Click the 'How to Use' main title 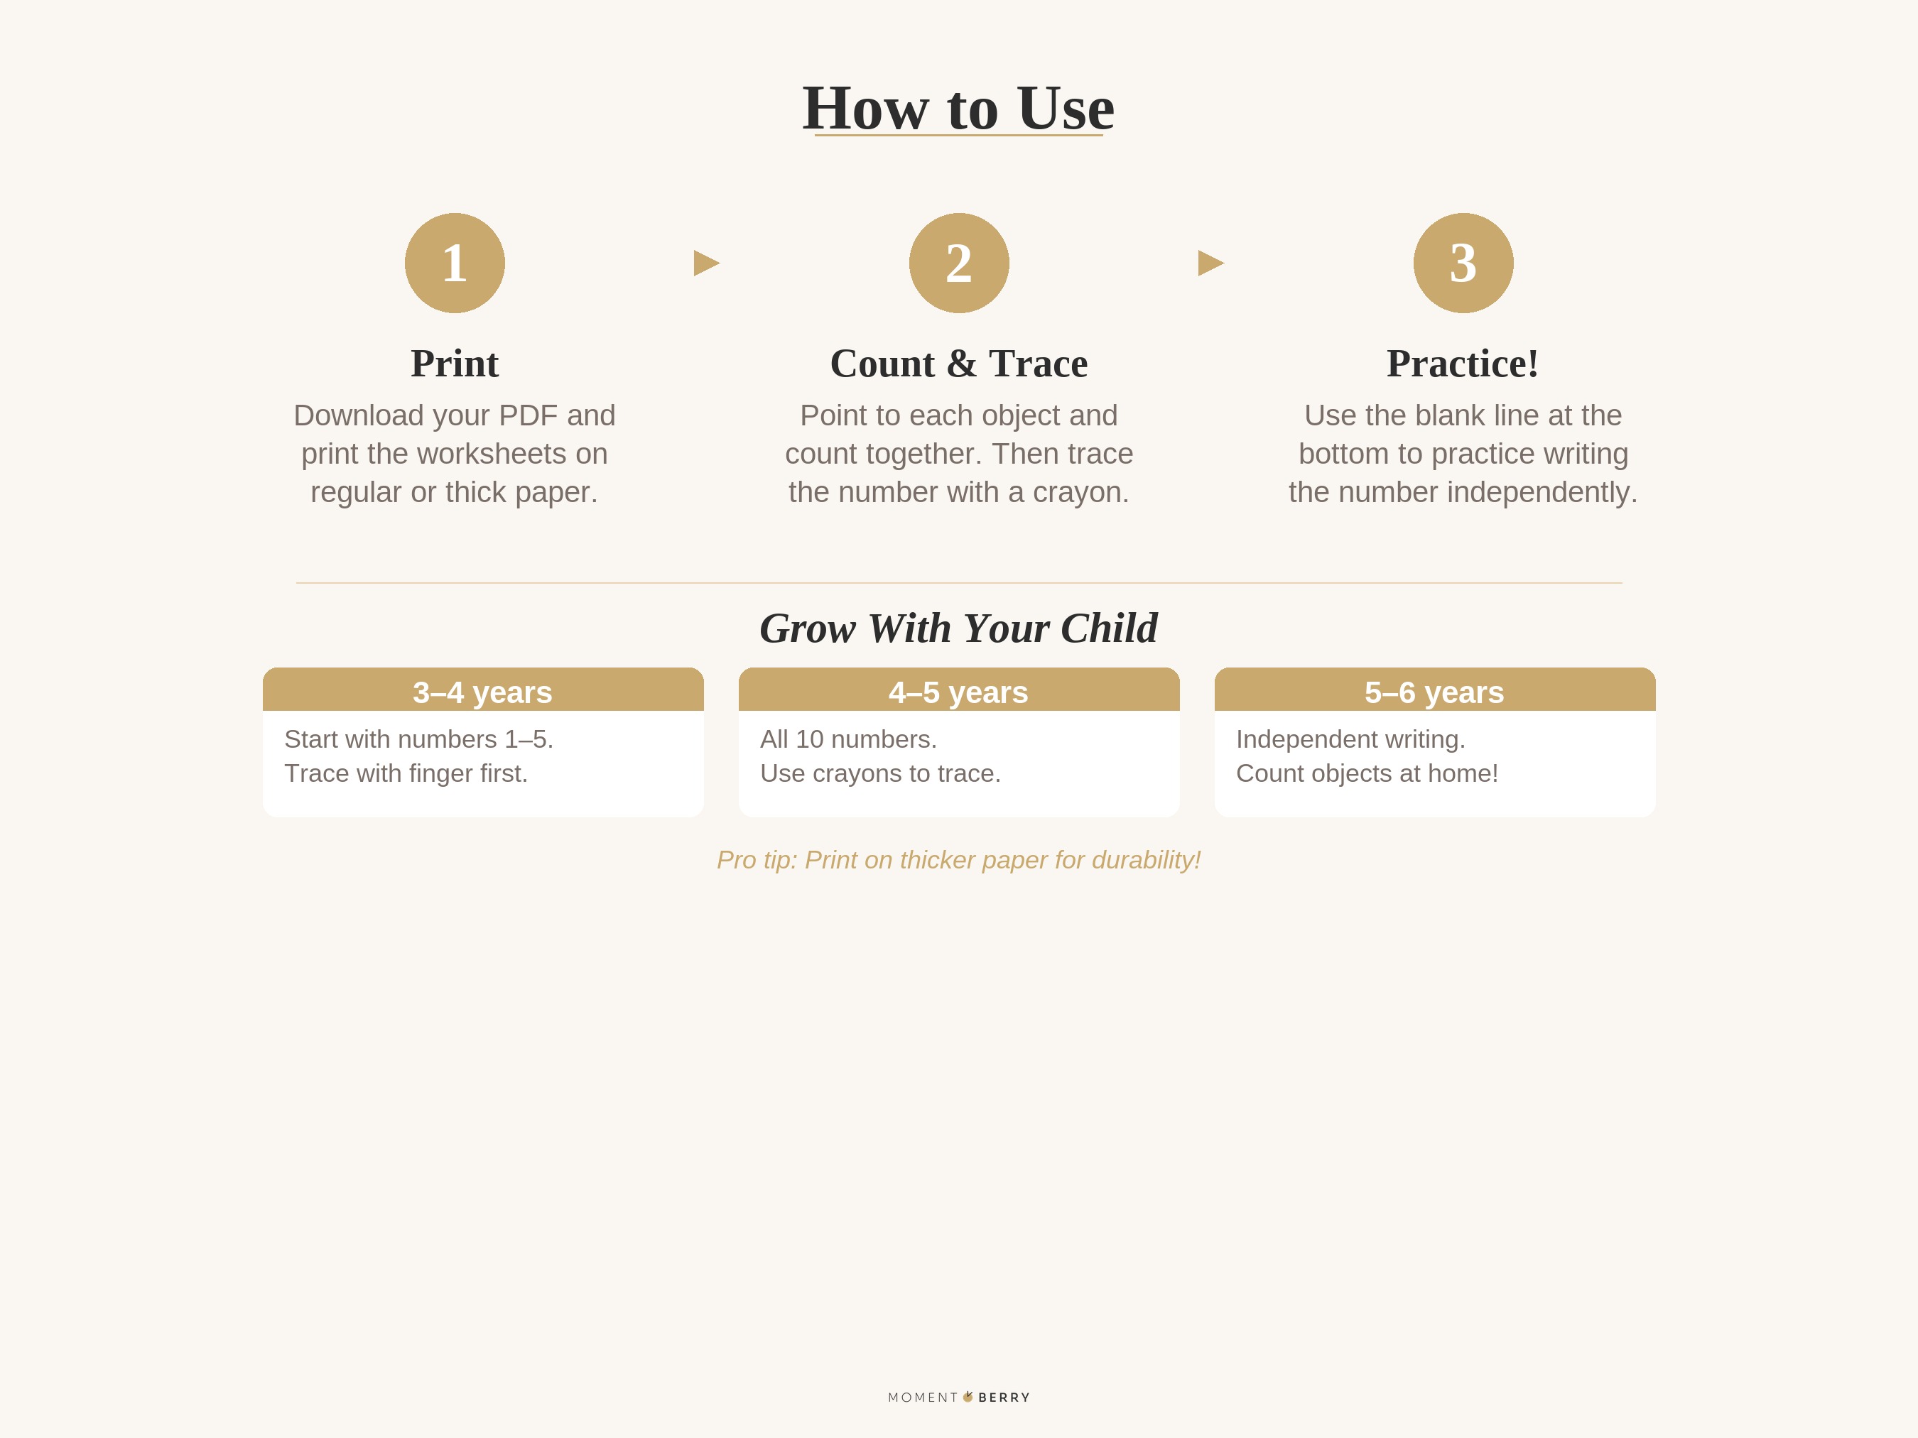(x=958, y=109)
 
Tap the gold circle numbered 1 (x=455, y=263)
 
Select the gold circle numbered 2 (x=959, y=263)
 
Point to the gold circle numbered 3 (x=1463, y=263)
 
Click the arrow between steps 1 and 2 (x=706, y=263)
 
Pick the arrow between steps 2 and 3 (x=1210, y=263)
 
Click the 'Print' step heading (x=455, y=363)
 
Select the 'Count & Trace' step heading (x=958, y=363)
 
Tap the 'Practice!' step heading (x=1463, y=363)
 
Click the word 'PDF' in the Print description (x=527, y=415)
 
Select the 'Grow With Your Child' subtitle (x=958, y=628)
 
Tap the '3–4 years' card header (x=483, y=692)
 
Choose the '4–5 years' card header (x=958, y=692)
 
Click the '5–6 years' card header (x=1434, y=692)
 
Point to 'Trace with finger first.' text (x=406, y=773)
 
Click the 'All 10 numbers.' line (x=848, y=739)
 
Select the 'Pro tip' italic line (x=958, y=860)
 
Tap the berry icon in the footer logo (x=968, y=1396)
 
